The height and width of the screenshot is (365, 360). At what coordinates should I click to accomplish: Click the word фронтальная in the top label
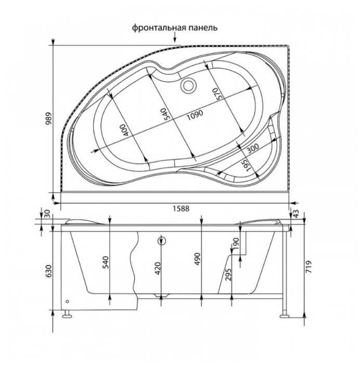(x=159, y=28)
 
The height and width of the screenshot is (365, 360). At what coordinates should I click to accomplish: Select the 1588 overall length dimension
(x=181, y=208)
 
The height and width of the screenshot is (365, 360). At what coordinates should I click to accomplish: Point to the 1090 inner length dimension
(x=195, y=115)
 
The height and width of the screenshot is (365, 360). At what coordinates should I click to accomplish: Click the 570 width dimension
(x=215, y=94)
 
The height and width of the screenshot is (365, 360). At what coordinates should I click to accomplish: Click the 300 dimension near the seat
(x=252, y=148)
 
